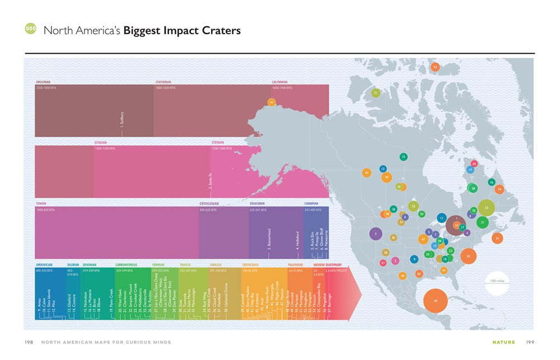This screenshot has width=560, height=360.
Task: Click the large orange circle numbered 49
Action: pyautogui.click(x=435, y=301)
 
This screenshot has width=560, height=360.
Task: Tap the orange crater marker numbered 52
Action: pyautogui.click(x=435, y=67)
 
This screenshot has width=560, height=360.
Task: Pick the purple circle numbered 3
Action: pyautogui.click(x=375, y=232)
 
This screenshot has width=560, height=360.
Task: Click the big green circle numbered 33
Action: pyautogui.click(x=487, y=208)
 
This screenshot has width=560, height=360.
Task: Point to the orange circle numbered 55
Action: pyautogui.click(x=468, y=255)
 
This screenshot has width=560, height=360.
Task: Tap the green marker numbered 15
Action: pyautogui.click(x=403, y=157)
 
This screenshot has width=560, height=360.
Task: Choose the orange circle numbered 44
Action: pyautogui.click(x=366, y=172)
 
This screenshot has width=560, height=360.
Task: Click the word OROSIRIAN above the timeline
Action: pyautogui.click(x=43, y=82)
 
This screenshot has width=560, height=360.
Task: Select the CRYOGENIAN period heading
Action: pyautogui.click(x=210, y=203)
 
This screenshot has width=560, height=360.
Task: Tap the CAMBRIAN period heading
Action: pyautogui.click(x=311, y=203)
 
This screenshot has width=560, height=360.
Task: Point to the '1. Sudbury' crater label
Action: pyautogui.click(x=122, y=120)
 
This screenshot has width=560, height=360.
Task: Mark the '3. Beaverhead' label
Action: pyautogui.click(x=269, y=239)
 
